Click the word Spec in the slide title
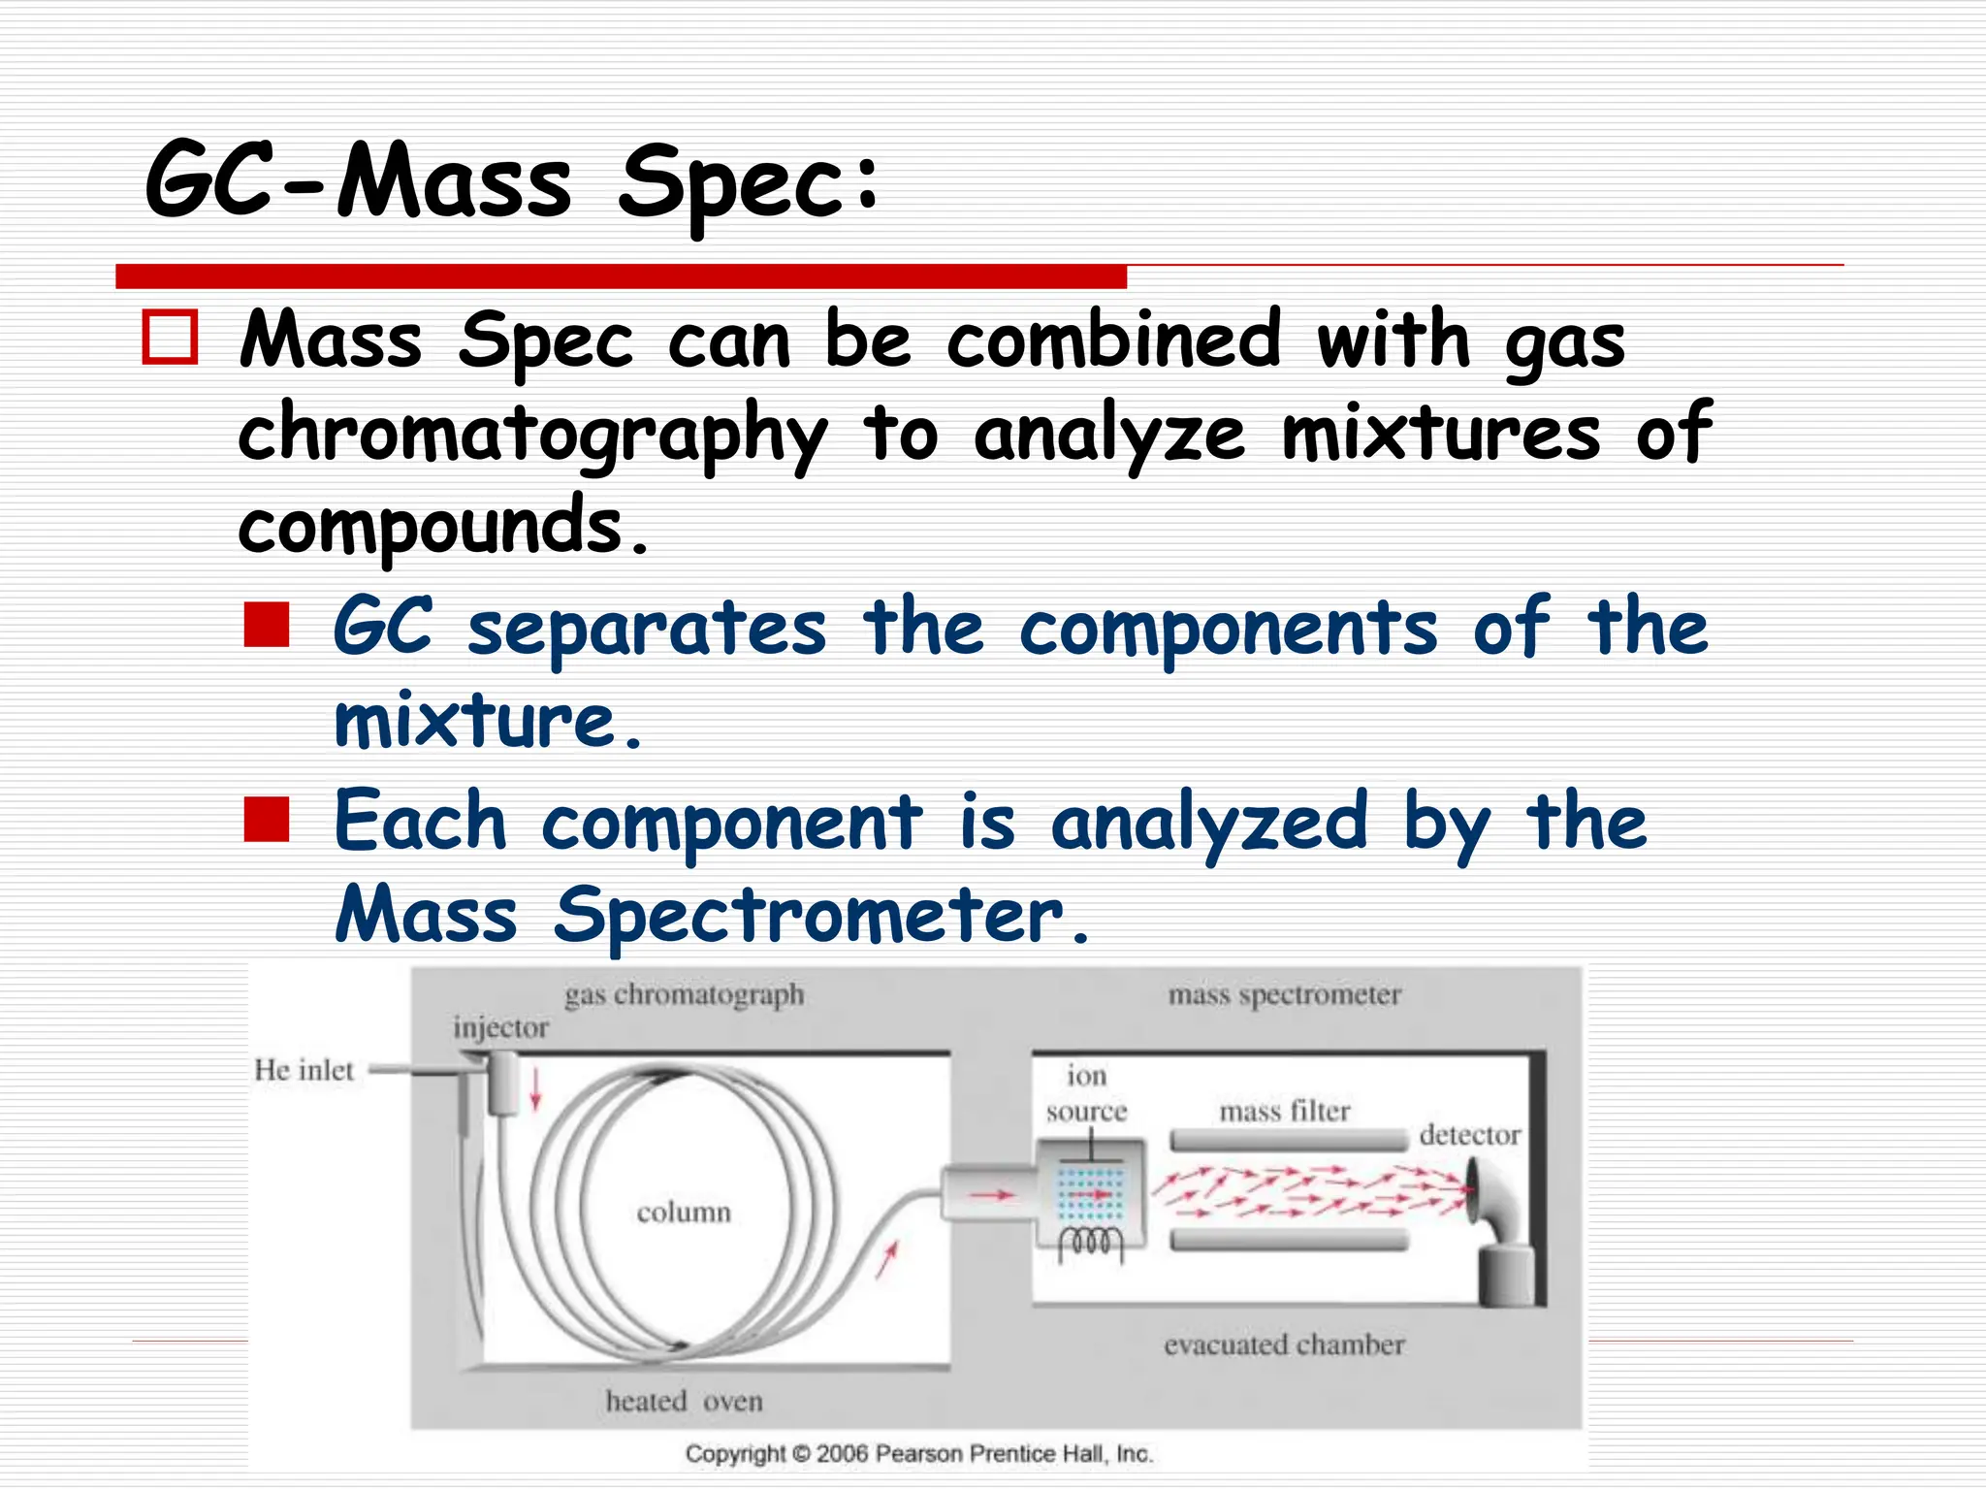[x=748, y=184]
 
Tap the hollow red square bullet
[x=170, y=337]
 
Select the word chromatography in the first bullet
[x=532, y=436]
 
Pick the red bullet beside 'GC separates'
[x=267, y=625]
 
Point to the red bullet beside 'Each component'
[x=267, y=819]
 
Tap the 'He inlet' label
[x=304, y=1070]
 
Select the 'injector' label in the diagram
[x=500, y=1027]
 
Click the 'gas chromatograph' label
[x=685, y=994]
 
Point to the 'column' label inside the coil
[x=684, y=1213]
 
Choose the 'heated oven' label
[x=685, y=1401]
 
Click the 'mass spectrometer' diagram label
[x=1285, y=994]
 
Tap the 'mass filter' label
[x=1285, y=1111]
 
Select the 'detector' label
[x=1469, y=1135]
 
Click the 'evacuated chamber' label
[x=1285, y=1344]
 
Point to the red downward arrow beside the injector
[x=535, y=1089]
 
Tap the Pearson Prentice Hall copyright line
[x=919, y=1453]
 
